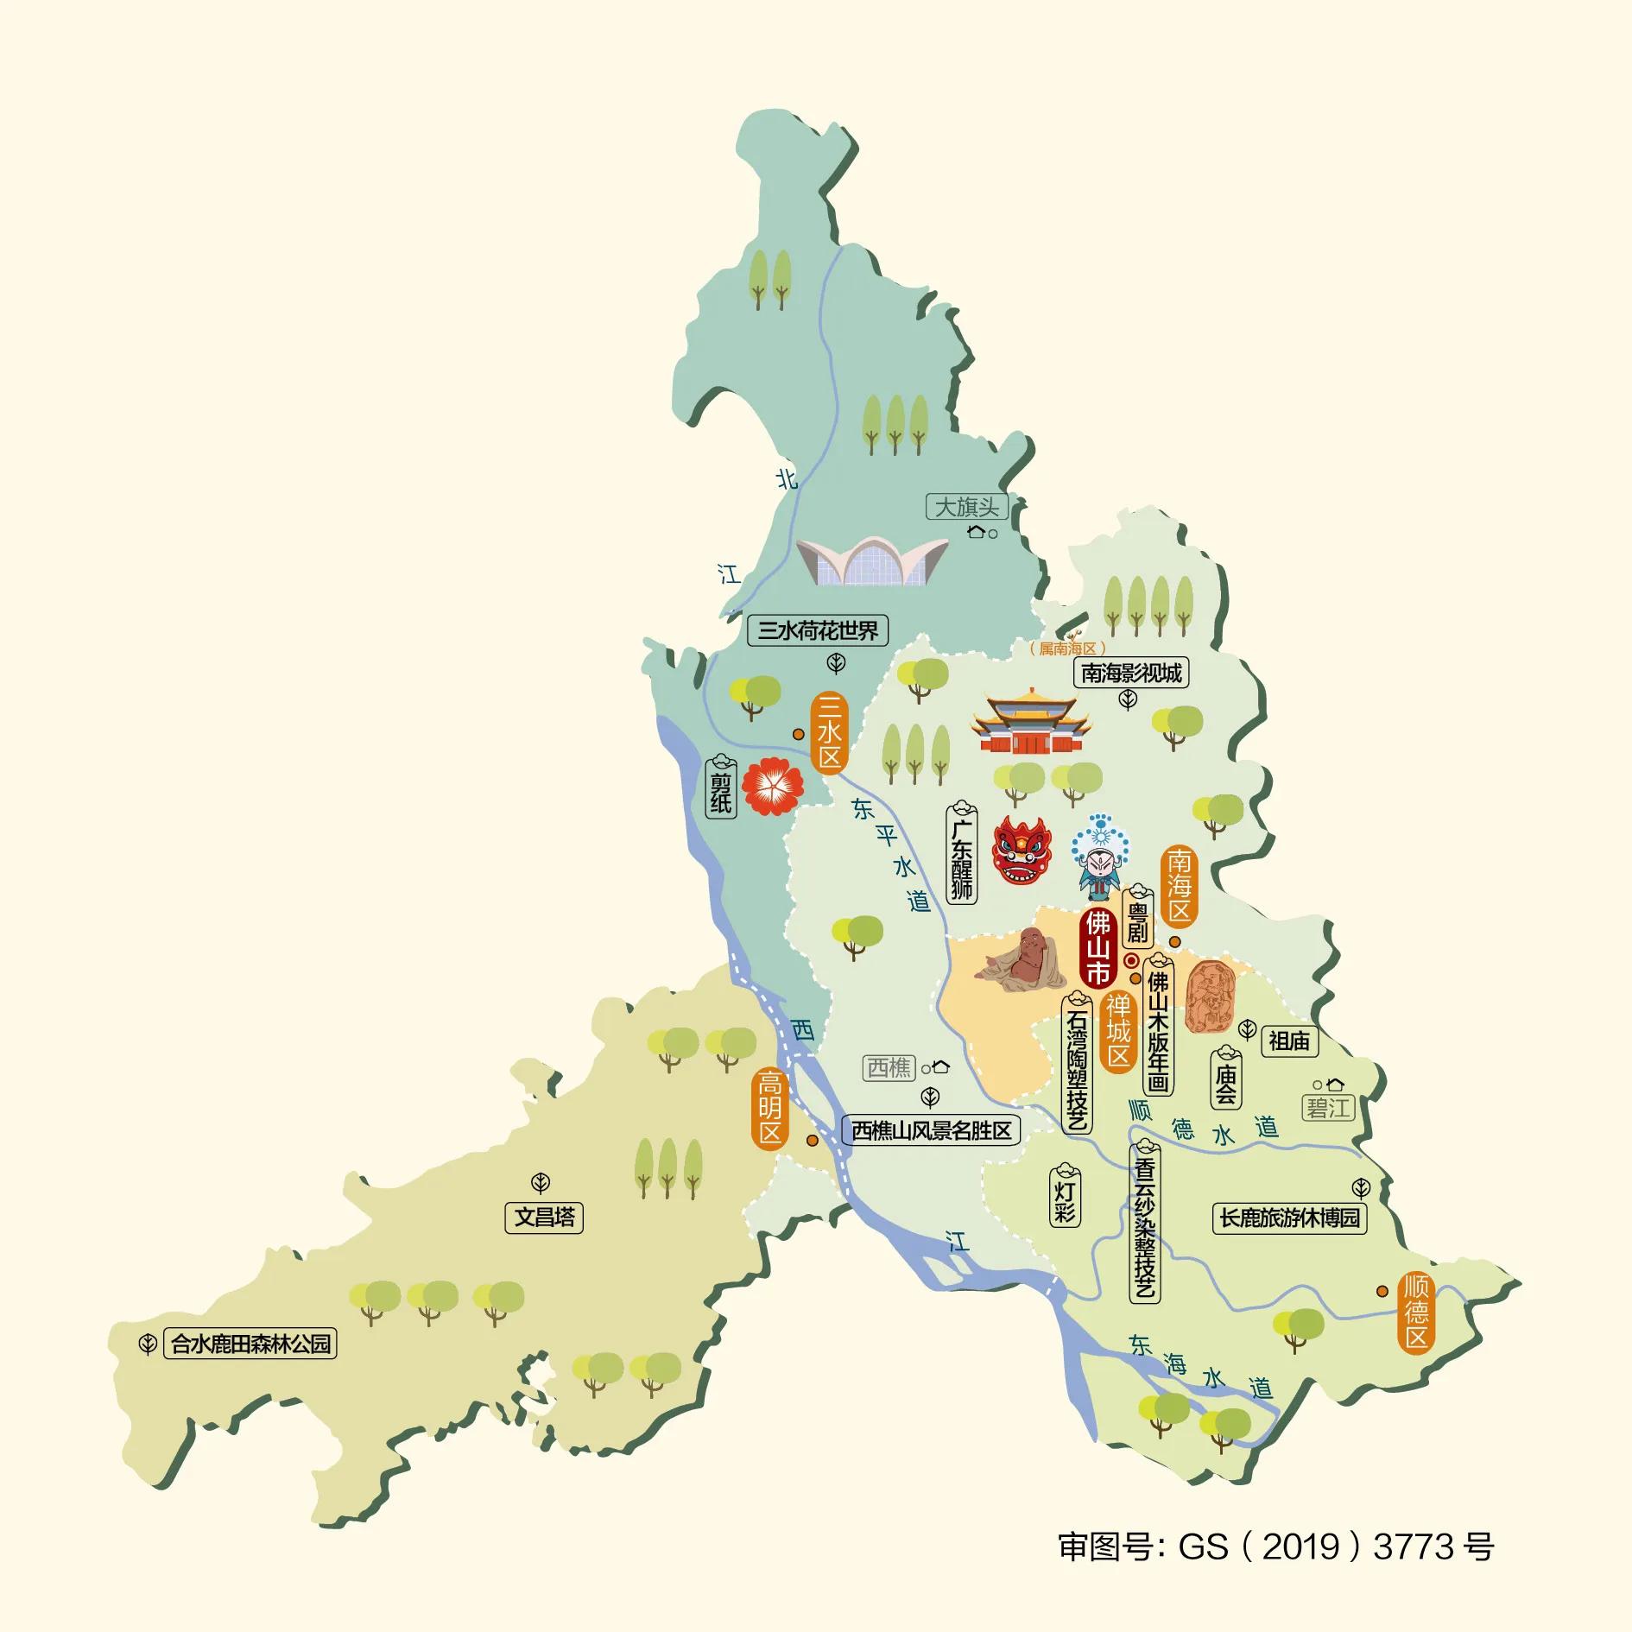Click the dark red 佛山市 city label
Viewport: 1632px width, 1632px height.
[x=1097, y=947]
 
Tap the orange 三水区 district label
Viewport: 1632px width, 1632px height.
[x=829, y=733]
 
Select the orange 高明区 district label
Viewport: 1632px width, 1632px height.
[x=769, y=1109]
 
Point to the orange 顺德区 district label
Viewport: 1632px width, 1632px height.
[x=1416, y=1312]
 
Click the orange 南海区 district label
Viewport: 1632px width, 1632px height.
[x=1180, y=885]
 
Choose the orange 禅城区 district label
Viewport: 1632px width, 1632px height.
[x=1118, y=1031]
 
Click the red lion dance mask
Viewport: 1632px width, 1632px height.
[x=1022, y=851]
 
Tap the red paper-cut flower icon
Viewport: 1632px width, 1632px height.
[x=773, y=785]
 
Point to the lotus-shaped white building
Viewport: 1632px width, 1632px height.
[x=872, y=560]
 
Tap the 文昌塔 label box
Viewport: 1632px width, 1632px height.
[x=544, y=1218]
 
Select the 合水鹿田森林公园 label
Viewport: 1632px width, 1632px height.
[x=250, y=1344]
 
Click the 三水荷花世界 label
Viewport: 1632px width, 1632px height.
[x=818, y=630]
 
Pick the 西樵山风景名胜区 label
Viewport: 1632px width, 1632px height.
[x=931, y=1130]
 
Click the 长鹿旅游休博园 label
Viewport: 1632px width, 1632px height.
[x=1289, y=1218]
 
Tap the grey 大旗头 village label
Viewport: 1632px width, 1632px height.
[x=966, y=507]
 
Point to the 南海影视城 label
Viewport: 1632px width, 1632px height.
[x=1131, y=673]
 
